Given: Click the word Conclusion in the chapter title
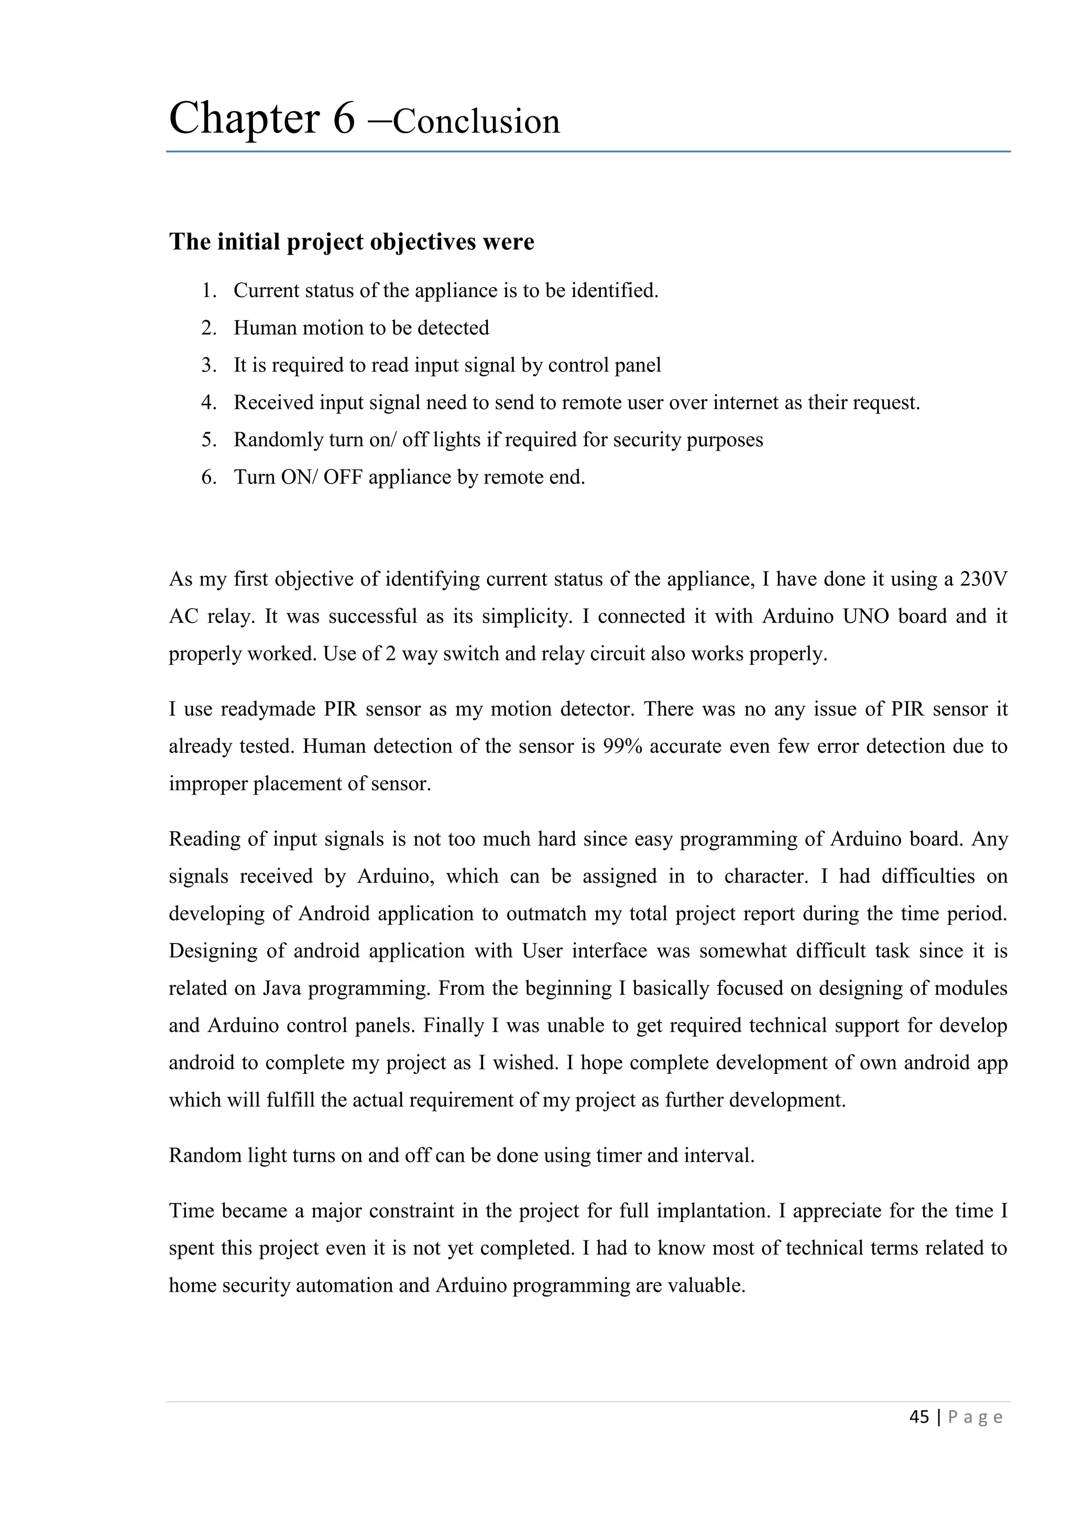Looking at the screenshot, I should tap(476, 122).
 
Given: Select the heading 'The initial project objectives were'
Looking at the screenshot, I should tap(352, 242).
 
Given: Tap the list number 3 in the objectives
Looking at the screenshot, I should tap(209, 366).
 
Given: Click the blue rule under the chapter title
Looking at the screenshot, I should tap(588, 152).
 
